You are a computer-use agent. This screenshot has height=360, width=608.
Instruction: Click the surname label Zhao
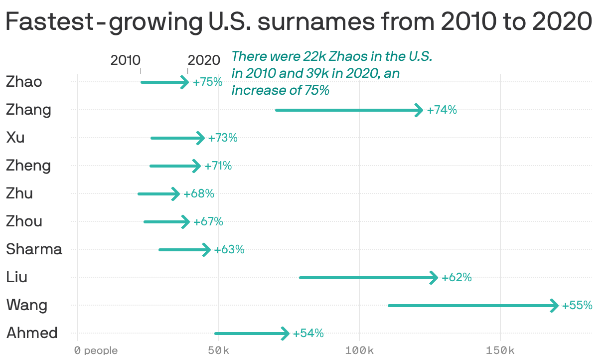24,82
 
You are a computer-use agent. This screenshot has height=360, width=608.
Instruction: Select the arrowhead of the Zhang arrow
419,110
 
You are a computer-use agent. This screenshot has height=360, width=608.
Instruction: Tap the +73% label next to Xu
223,138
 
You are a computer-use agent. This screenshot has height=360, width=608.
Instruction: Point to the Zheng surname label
28,166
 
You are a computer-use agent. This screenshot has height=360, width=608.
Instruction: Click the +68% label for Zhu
199,194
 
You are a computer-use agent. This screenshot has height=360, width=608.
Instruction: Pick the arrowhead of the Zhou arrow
186,222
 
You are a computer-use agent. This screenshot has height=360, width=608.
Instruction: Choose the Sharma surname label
34,249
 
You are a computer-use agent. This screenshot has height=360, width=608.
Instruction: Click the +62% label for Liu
456,278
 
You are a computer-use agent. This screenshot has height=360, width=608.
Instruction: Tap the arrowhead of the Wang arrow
554,306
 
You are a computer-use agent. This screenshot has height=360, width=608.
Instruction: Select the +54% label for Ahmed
308,334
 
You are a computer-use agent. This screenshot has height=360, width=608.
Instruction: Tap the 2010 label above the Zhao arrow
125,60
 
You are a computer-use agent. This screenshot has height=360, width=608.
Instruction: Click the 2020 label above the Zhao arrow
204,60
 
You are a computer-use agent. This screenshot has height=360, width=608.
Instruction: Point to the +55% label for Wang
577,306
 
